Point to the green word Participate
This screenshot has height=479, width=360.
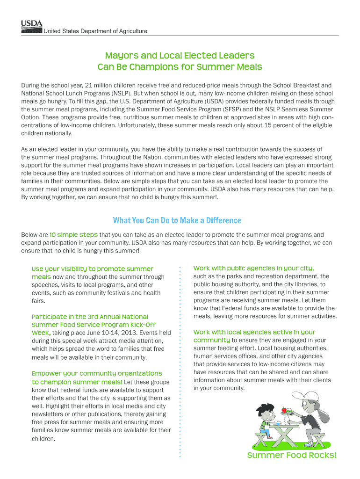(x=50, y=317)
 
